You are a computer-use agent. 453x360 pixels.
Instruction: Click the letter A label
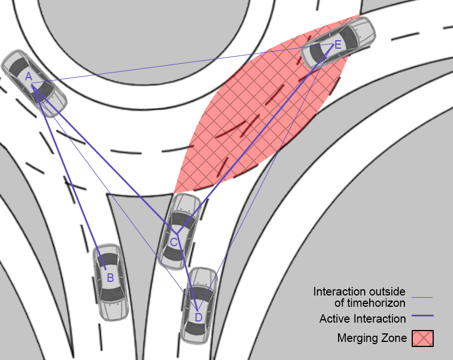point(28,76)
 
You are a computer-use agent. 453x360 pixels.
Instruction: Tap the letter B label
point(110,277)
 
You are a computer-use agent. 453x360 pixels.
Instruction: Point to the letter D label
point(198,317)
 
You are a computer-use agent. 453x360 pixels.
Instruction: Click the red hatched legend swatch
point(422,338)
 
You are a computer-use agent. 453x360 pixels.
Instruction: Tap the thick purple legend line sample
point(422,316)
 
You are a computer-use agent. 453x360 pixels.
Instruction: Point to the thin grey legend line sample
point(422,297)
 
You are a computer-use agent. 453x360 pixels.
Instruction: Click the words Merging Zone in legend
point(371,338)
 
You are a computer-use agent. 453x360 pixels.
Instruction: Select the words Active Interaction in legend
point(362,319)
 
